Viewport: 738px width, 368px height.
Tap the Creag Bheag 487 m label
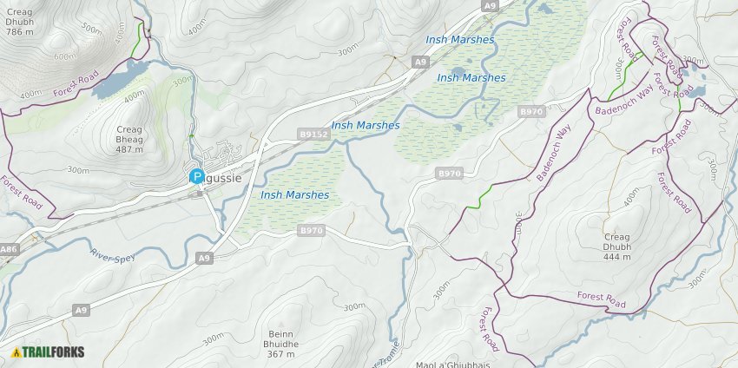coord(129,139)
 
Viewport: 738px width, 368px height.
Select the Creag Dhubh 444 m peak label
coord(617,246)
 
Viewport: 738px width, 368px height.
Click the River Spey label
coord(113,257)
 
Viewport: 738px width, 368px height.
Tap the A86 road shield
coord(9,250)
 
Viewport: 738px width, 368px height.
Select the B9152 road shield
coord(313,135)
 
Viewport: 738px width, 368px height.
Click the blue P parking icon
coord(197,176)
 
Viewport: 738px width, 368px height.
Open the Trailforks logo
coord(49,352)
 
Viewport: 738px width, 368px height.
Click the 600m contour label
coord(64,57)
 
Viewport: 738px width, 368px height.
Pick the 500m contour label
coord(90,27)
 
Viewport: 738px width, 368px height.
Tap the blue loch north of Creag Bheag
coord(113,83)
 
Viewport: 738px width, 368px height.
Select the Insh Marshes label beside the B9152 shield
coord(366,125)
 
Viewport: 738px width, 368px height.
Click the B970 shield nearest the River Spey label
coord(311,230)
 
